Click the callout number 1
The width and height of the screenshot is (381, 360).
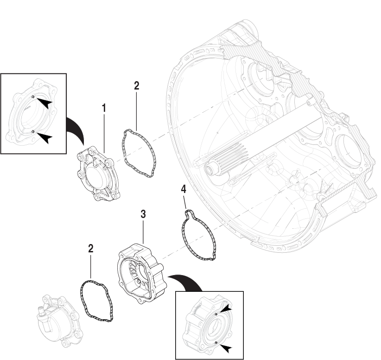point(104,108)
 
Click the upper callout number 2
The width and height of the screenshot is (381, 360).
point(136,85)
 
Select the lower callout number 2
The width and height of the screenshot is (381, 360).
point(91,248)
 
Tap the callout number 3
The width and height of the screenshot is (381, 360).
point(144,214)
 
